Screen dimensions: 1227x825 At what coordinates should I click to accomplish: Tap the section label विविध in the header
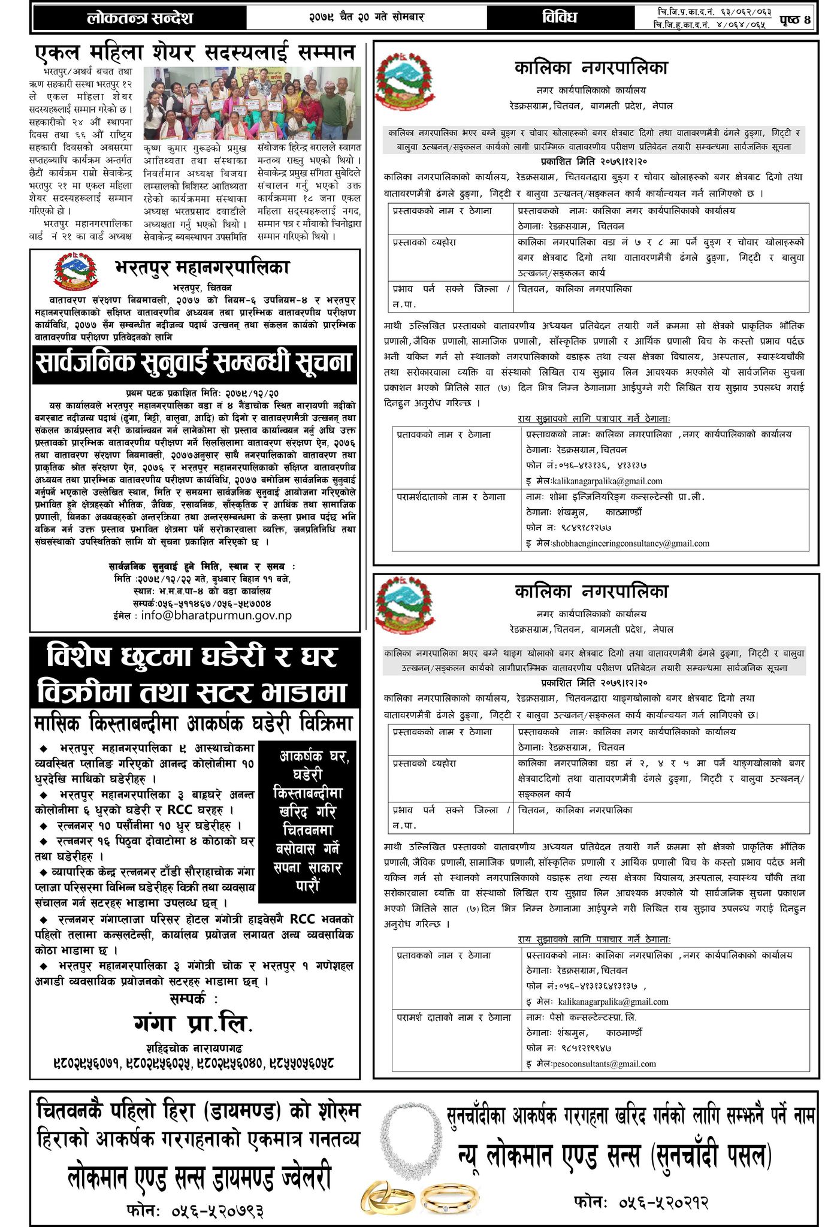pyautogui.click(x=560, y=17)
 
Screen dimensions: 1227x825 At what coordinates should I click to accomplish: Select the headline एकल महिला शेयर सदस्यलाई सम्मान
pyautogui.click(x=195, y=53)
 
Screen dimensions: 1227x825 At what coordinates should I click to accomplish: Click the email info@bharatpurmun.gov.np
pyautogui.click(x=216, y=615)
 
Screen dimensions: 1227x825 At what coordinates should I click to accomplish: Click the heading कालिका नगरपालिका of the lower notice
pyautogui.click(x=591, y=591)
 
